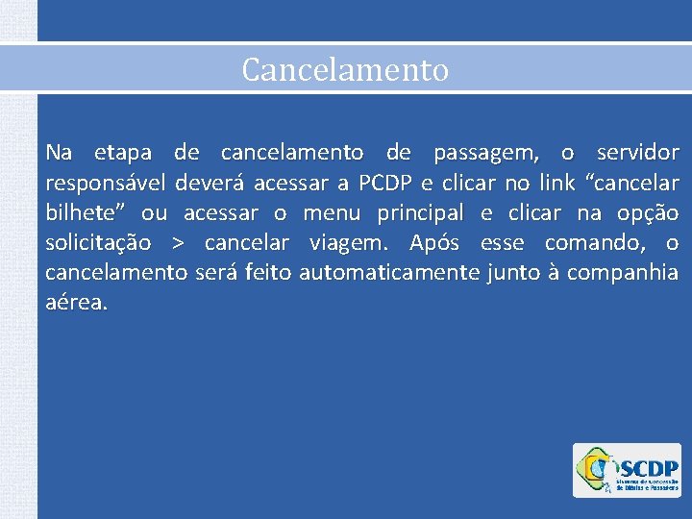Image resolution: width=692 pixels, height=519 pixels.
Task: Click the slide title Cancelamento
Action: [x=345, y=69]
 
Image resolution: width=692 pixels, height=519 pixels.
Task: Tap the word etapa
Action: [x=122, y=153]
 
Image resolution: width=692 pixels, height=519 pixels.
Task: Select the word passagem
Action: [x=485, y=153]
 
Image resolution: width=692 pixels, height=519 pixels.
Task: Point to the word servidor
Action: [x=637, y=153]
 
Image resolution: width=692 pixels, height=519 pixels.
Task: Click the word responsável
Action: [x=106, y=184]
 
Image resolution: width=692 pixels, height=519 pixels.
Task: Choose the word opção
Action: [x=645, y=212]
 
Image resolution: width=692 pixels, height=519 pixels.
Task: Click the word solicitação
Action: [x=98, y=243]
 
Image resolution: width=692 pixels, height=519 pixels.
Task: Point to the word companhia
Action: [x=623, y=274]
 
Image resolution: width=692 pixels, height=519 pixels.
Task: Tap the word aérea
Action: [x=75, y=303]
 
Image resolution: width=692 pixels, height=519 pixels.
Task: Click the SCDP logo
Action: [x=627, y=470]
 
